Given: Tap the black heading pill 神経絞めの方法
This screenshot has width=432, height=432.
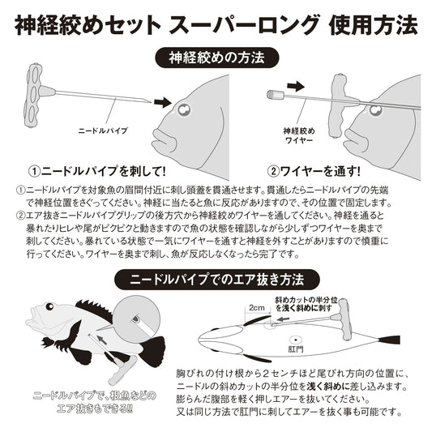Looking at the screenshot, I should (x=216, y=59).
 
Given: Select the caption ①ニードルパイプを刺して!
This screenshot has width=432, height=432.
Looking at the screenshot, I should (x=97, y=172).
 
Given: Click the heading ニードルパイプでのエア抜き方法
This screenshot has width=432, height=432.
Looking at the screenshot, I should (x=216, y=280).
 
